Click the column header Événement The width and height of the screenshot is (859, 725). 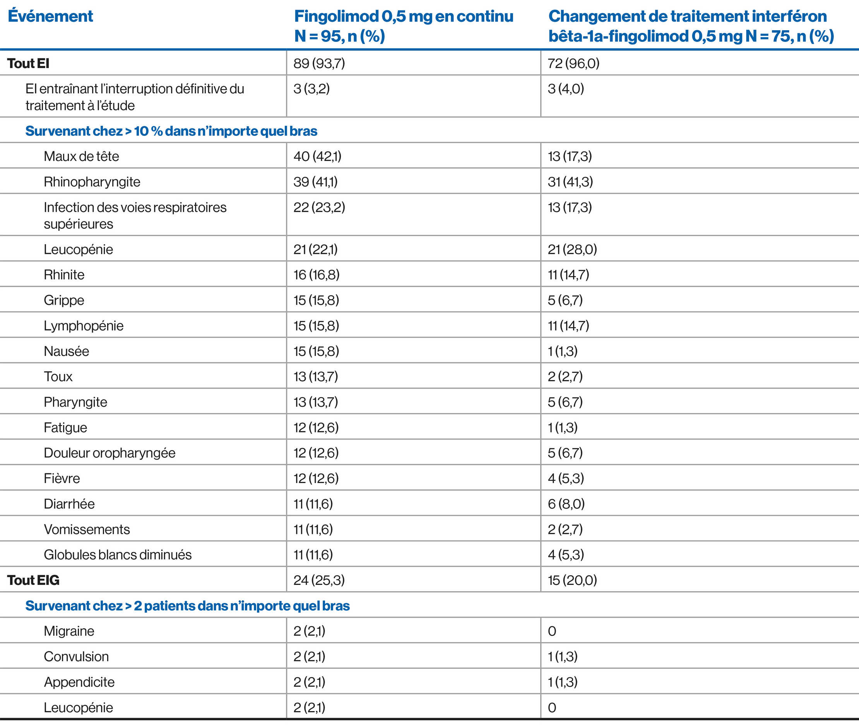click(x=50, y=16)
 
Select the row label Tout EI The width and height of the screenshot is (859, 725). click(x=28, y=63)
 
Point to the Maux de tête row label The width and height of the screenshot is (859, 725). click(x=81, y=156)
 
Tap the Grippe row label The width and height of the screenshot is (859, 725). click(x=64, y=300)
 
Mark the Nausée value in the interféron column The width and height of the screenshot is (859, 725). click(x=562, y=351)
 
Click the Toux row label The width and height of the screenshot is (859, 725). click(x=58, y=377)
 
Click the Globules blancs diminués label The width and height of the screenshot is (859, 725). click(x=118, y=554)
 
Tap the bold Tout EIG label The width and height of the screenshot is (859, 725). click(x=33, y=580)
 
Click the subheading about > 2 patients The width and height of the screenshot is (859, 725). click(x=187, y=605)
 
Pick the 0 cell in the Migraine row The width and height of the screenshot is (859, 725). click(x=552, y=631)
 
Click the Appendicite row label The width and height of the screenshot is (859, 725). click(x=79, y=682)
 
